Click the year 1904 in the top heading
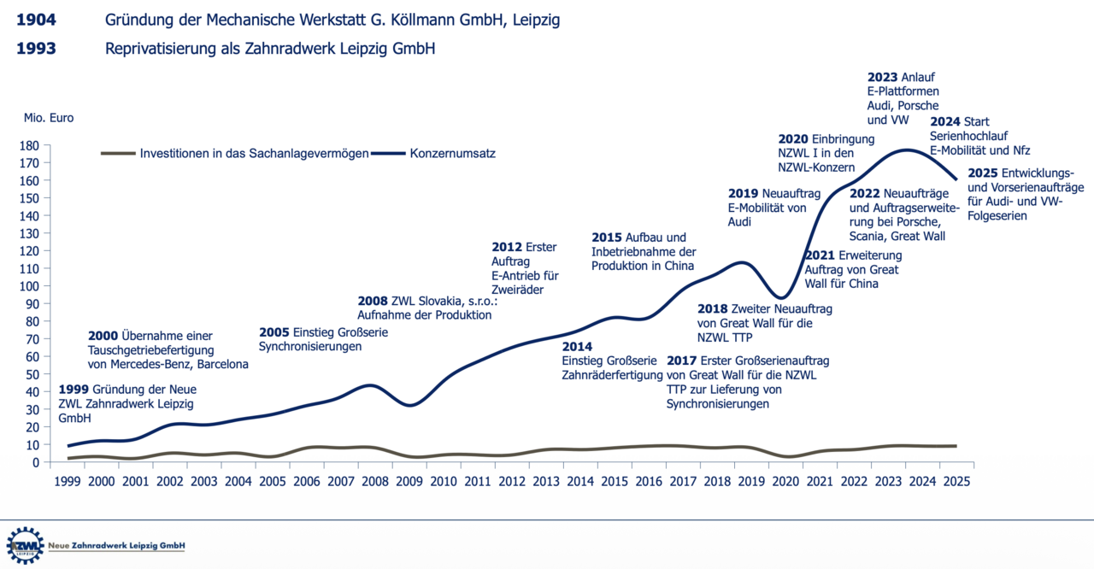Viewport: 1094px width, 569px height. click(x=36, y=20)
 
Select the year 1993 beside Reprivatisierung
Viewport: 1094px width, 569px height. click(x=36, y=49)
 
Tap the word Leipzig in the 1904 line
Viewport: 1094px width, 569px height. click(x=536, y=21)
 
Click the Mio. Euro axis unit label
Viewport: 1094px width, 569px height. click(x=49, y=118)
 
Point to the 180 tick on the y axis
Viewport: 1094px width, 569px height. click(x=29, y=145)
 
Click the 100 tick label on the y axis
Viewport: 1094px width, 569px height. click(x=29, y=286)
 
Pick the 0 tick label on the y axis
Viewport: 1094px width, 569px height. click(x=36, y=462)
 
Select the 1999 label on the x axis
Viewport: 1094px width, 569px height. click(x=68, y=481)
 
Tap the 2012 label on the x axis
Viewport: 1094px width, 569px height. click(x=512, y=481)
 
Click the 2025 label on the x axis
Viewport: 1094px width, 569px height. click(x=956, y=481)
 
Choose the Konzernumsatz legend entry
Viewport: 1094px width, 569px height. click(x=453, y=153)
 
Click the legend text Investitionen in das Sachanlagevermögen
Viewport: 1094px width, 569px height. click(x=254, y=154)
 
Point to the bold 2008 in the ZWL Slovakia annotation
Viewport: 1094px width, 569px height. click(x=373, y=301)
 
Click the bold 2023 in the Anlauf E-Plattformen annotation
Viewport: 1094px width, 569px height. click(x=883, y=77)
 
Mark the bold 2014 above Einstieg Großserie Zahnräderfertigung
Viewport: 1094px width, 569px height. click(x=577, y=347)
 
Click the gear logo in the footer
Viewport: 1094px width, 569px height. click(x=25, y=545)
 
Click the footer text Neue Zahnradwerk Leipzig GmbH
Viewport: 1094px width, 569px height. click(x=116, y=546)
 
